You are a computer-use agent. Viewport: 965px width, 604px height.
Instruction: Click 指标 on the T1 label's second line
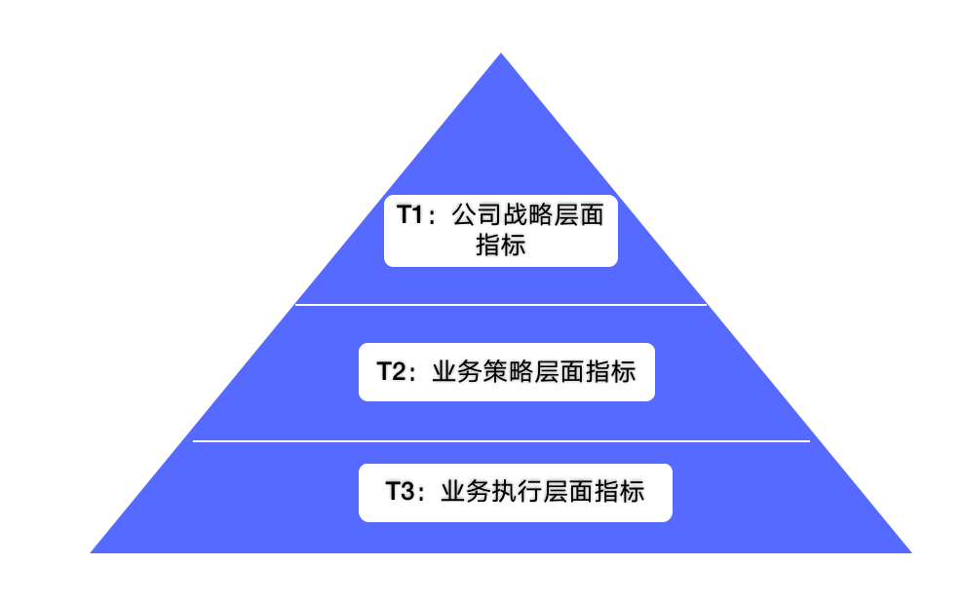click(x=501, y=245)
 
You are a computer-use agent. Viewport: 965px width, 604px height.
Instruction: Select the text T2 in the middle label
click(x=392, y=371)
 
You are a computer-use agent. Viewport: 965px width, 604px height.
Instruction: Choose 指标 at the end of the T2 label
click(x=611, y=371)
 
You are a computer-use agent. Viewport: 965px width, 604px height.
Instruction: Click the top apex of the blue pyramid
click(x=501, y=55)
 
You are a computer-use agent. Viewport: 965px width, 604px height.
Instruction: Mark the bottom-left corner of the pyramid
click(x=93, y=551)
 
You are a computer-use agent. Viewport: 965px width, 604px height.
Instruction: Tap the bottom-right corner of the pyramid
click(x=909, y=551)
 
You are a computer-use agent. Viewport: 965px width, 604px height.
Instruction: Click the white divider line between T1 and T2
click(x=501, y=305)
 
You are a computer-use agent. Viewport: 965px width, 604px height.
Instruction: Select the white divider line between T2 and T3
click(x=501, y=441)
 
